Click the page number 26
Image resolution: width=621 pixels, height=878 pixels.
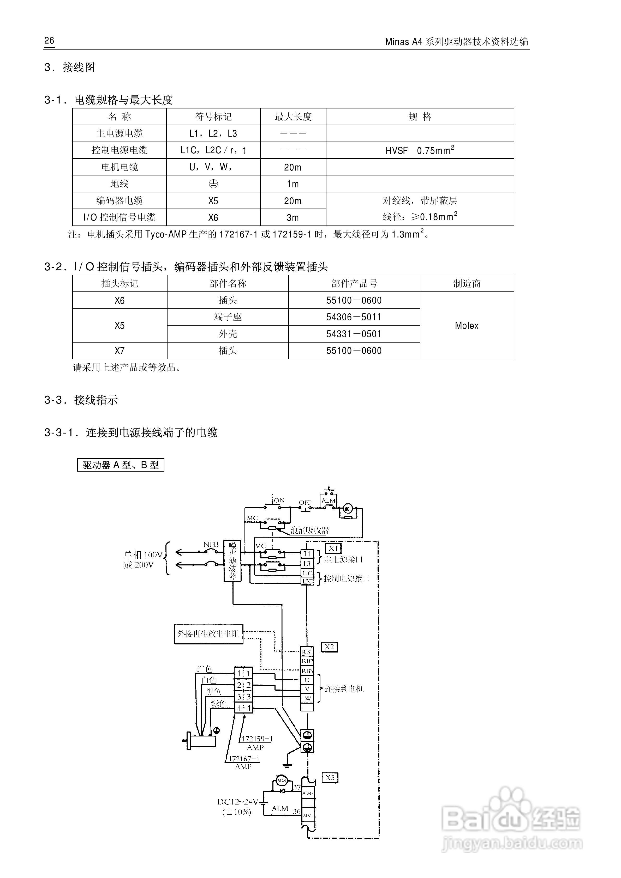pos(49,40)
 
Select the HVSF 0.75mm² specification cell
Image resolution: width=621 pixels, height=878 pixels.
pos(420,150)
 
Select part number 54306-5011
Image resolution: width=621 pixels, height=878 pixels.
pos(354,317)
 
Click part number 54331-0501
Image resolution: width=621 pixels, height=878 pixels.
pos(354,334)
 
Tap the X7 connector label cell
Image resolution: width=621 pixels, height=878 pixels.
pos(120,351)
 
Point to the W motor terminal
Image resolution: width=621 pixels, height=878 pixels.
pos(307,698)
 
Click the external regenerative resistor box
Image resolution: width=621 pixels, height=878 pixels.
pos(209,634)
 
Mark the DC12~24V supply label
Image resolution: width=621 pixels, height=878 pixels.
pos(238,802)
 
